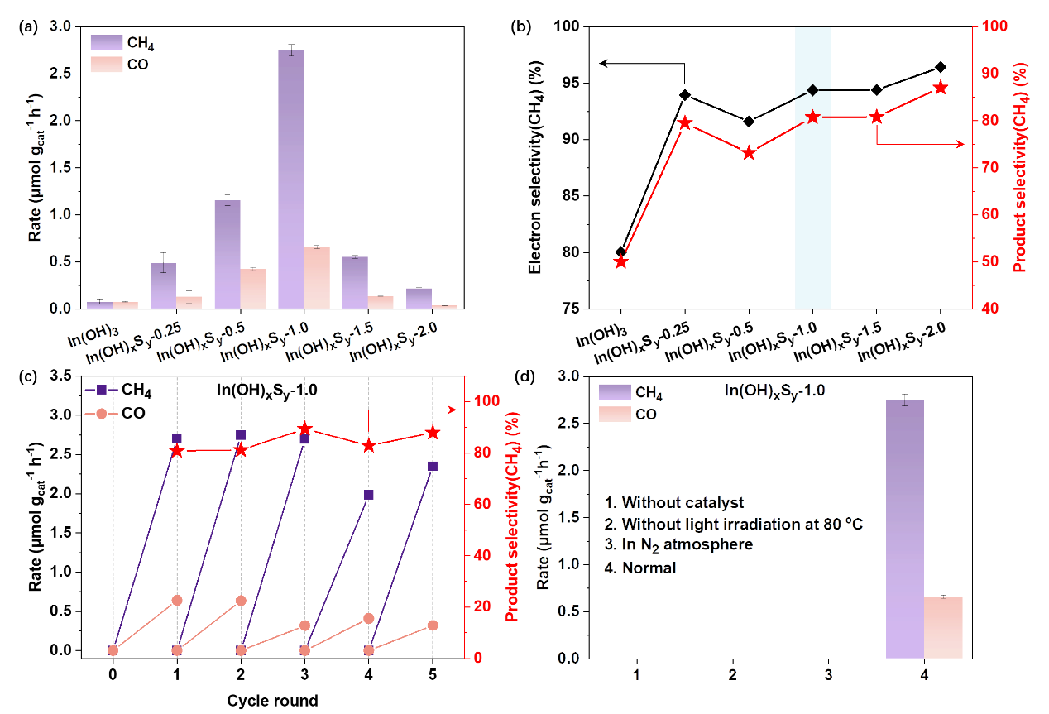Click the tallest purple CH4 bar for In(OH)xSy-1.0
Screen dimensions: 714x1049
[290, 178]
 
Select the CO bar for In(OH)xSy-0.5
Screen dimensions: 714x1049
[253, 288]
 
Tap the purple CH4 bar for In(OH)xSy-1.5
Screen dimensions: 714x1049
[355, 282]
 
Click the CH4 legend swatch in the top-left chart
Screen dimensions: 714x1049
[107, 43]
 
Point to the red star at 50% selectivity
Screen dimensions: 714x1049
[621, 262]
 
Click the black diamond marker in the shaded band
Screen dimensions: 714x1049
[813, 89]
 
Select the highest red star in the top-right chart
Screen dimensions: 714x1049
[941, 88]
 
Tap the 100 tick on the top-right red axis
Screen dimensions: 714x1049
[989, 26]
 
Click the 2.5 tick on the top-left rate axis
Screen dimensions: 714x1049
[60, 74]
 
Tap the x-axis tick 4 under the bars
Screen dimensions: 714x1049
[924, 675]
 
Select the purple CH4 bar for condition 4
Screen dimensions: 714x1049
[904, 530]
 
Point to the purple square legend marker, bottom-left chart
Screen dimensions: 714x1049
[102, 390]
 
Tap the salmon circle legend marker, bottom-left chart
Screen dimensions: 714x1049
[102, 414]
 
